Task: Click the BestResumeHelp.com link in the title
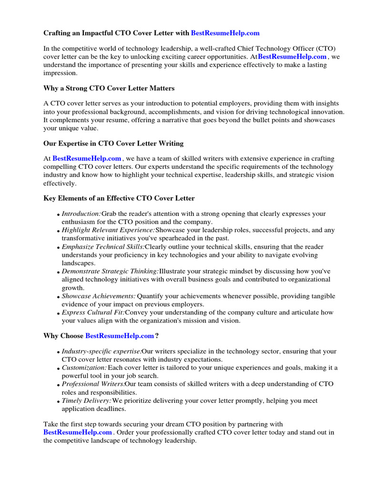[225, 33]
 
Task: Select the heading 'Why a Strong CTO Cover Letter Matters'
[109, 88]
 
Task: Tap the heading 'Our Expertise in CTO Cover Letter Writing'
[113, 143]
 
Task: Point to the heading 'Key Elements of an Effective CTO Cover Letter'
[119, 198]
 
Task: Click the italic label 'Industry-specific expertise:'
[102, 351]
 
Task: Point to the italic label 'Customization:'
[84, 368]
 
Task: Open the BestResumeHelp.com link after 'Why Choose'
[120, 336]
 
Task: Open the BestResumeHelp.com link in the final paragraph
[78, 432]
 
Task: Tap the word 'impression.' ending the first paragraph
[60, 73]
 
